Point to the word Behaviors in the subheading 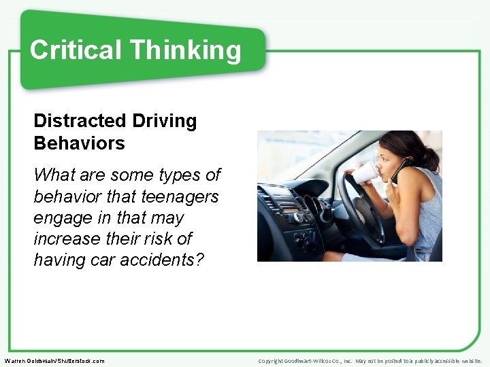point(80,143)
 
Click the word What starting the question point(55,175)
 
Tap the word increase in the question point(66,239)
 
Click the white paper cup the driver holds point(365,173)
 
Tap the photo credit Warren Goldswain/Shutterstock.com point(54,361)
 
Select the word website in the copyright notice point(470,361)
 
